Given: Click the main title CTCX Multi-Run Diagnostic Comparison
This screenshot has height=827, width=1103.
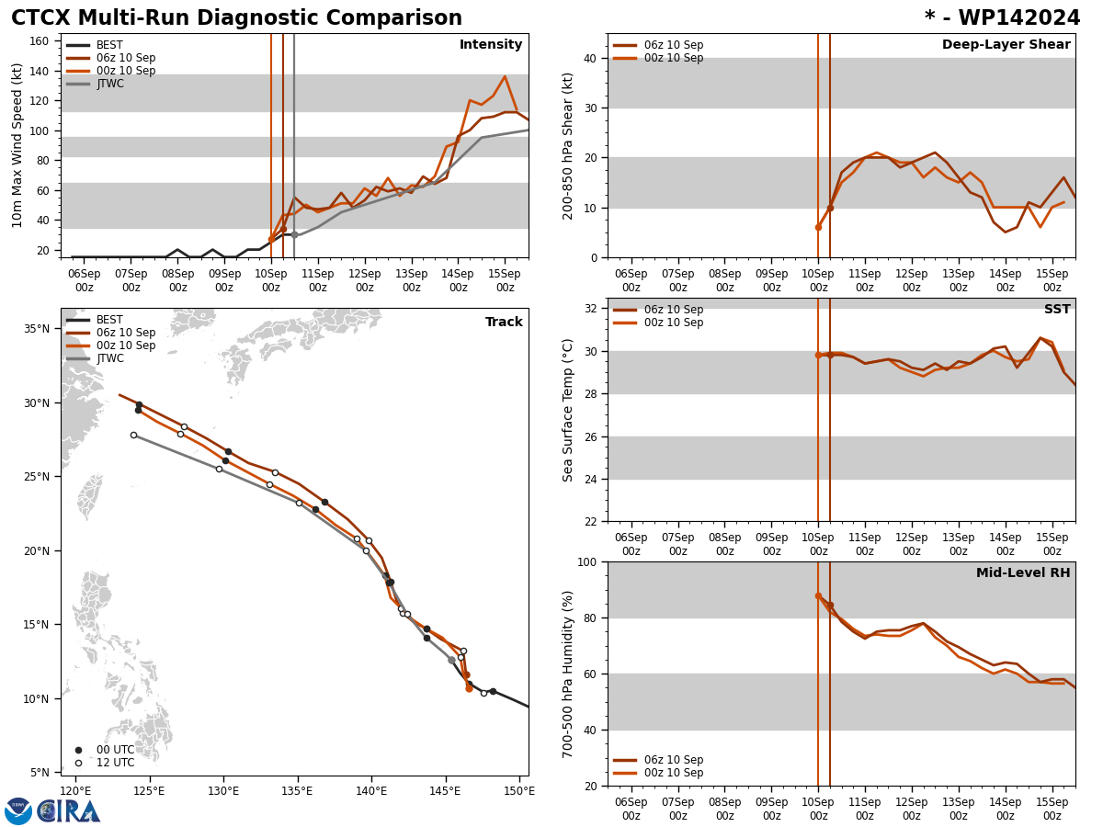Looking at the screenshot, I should tap(236, 18).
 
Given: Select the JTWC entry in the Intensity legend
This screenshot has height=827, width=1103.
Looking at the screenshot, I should tap(109, 84).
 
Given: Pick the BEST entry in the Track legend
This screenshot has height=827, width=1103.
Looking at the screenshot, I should tap(109, 320).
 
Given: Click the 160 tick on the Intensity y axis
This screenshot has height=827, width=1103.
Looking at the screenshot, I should tap(40, 41).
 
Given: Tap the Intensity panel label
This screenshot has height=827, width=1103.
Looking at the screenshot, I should tap(491, 45).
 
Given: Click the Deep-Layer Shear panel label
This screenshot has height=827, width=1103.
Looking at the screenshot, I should tap(1006, 45).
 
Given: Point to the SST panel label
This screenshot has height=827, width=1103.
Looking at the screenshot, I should tap(1057, 310).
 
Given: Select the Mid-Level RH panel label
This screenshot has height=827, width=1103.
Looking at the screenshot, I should tap(1022, 573).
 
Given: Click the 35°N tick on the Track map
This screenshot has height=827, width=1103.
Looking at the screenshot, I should tap(36, 329).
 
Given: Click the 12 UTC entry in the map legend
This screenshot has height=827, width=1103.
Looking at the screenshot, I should tap(115, 763).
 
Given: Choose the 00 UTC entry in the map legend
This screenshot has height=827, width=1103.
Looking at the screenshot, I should tap(115, 750).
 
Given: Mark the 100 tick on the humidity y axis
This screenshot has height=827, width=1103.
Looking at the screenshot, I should tap(585, 561).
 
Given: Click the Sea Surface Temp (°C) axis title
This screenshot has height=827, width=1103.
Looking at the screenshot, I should tap(569, 410).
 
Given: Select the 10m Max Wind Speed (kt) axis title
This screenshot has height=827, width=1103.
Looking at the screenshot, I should tap(18, 145).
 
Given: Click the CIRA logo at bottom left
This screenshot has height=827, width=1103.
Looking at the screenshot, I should tap(52, 810).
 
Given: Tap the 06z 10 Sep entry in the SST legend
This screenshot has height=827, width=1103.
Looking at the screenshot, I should tap(673, 310).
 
